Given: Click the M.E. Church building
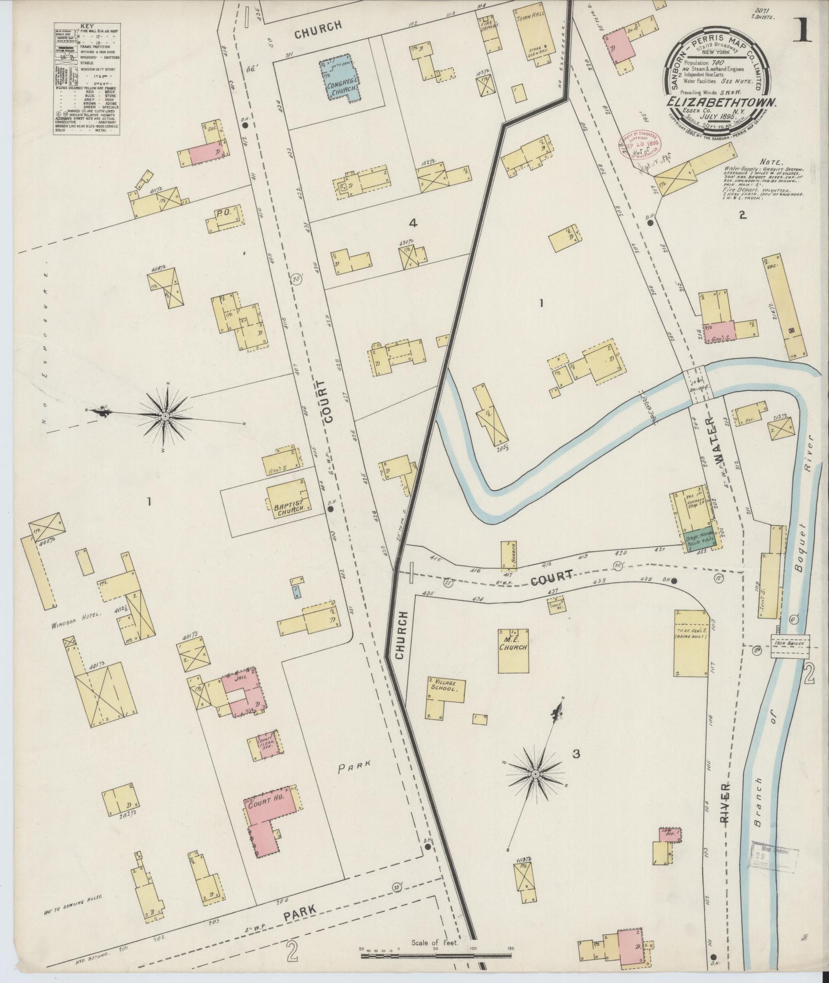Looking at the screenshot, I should pos(513,650).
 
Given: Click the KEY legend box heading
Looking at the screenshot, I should pos(87,25).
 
